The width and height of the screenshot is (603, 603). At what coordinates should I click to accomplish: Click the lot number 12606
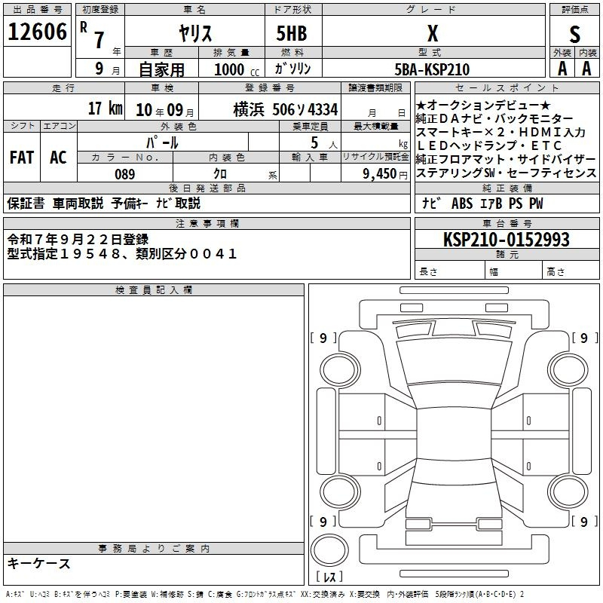pos(37,32)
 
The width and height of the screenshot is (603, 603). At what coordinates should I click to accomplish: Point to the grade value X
pos(432,33)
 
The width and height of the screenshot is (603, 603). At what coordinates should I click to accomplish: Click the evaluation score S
pos(575,34)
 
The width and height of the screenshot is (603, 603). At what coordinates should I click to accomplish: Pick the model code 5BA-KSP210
pos(432,69)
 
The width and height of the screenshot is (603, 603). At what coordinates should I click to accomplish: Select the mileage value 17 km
pos(105,108)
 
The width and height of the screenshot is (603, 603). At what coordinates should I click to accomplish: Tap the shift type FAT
pos(21,157)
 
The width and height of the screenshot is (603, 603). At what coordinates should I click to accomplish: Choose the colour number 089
pos(124,174)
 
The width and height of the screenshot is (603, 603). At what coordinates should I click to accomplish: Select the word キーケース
pos(39,563)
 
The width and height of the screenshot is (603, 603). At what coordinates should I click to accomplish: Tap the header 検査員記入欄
pos(154,290)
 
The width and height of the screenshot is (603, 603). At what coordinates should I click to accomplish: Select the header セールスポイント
pos(506,88)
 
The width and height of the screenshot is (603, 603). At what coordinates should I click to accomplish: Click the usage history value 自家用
pos(162,69)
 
